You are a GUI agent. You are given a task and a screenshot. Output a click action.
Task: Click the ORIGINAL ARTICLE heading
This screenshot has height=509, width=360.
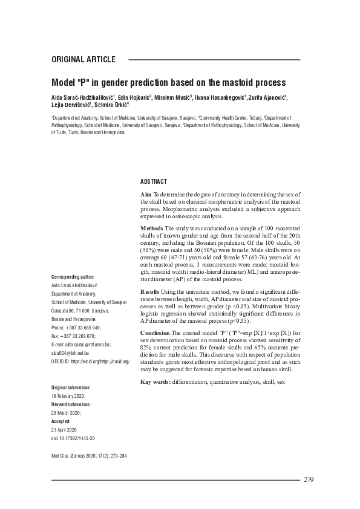[x=83, y=59]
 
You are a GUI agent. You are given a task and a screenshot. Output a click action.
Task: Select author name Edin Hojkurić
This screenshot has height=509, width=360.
[x=133, y=97]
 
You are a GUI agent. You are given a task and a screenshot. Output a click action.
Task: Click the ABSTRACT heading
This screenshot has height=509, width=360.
[x=154, y=181]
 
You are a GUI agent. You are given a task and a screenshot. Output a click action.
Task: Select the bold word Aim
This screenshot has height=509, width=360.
[x=146, y=193]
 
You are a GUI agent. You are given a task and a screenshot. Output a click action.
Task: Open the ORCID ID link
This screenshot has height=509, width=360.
[x=91, y=360]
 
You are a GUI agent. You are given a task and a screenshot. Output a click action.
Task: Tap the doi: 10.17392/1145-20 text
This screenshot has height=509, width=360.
[x=73, y=438]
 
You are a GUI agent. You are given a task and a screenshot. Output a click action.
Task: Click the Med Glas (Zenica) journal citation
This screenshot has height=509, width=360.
[x=89, y=457]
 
